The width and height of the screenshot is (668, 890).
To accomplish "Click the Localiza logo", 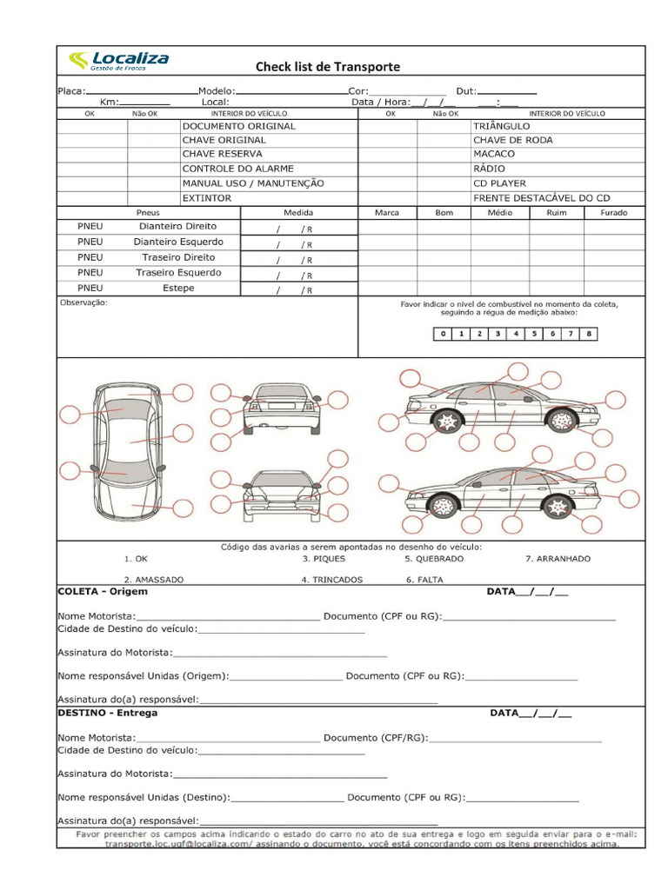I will [x=118, y=61].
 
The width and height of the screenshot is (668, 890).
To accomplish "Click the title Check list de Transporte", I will [x=327, y=67].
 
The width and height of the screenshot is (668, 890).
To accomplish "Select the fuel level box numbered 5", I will [x=534, y=334].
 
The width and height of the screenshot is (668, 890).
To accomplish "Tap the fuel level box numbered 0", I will [x=443, y=334].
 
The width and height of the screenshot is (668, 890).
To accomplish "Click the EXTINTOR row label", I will [x=206, y=198].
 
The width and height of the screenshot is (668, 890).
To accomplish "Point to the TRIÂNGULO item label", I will [x=501, y=126].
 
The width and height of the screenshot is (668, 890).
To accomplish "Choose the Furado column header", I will [x=613, y=213].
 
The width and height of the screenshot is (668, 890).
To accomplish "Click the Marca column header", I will [x=387, y=213].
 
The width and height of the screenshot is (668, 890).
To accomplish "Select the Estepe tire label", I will [x=178, y=289].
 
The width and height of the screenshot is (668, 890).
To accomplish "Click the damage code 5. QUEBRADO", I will [x=433, y=559].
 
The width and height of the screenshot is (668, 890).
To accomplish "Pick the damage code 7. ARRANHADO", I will [x=558, y=559].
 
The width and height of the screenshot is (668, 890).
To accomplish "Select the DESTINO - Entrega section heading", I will [x=107, y=713].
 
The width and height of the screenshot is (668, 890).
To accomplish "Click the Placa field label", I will [x=71, y=91].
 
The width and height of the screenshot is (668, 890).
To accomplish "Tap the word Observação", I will [x=83, y=303].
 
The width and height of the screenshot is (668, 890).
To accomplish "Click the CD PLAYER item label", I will [x=499, y=183].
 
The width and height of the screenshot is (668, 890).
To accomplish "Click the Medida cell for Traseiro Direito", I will [x=298, y=259].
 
